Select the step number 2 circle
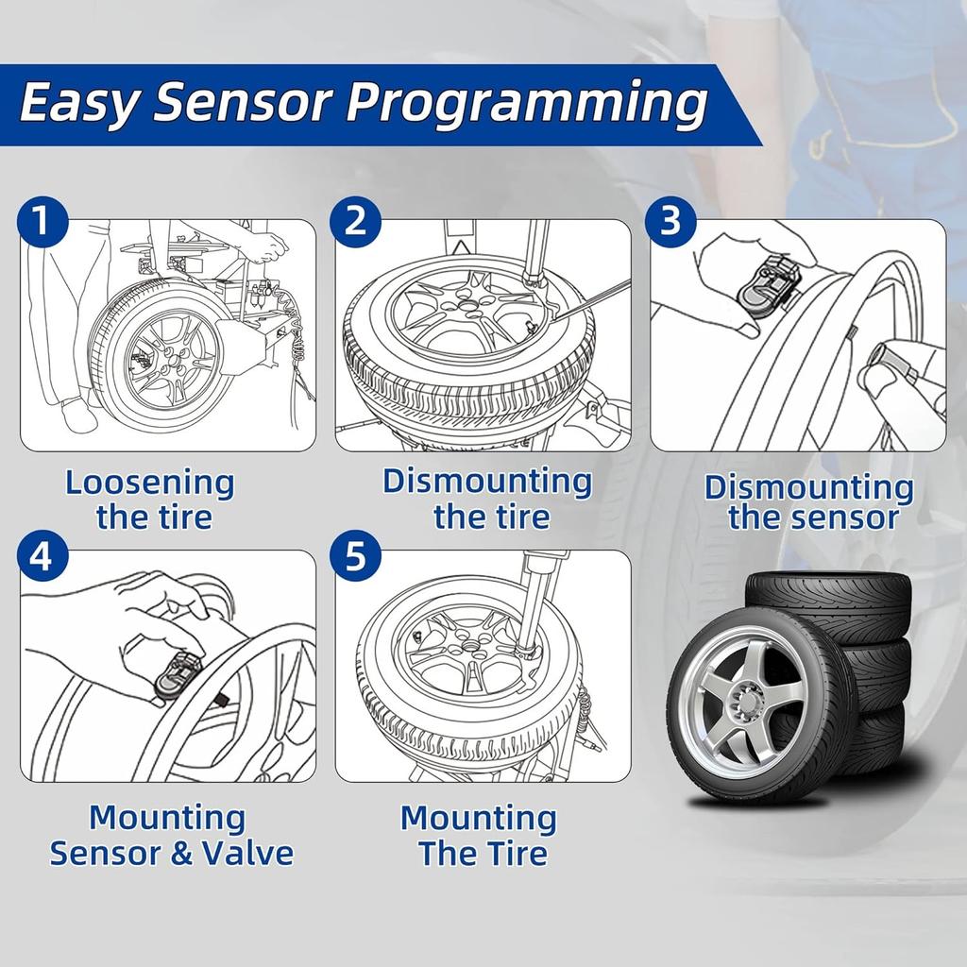[356, 223]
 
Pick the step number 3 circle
[671, 223]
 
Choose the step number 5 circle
[356, 557]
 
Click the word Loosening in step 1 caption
[149, 483]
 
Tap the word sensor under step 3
[851, 517]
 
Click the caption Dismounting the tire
[487, 499]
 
